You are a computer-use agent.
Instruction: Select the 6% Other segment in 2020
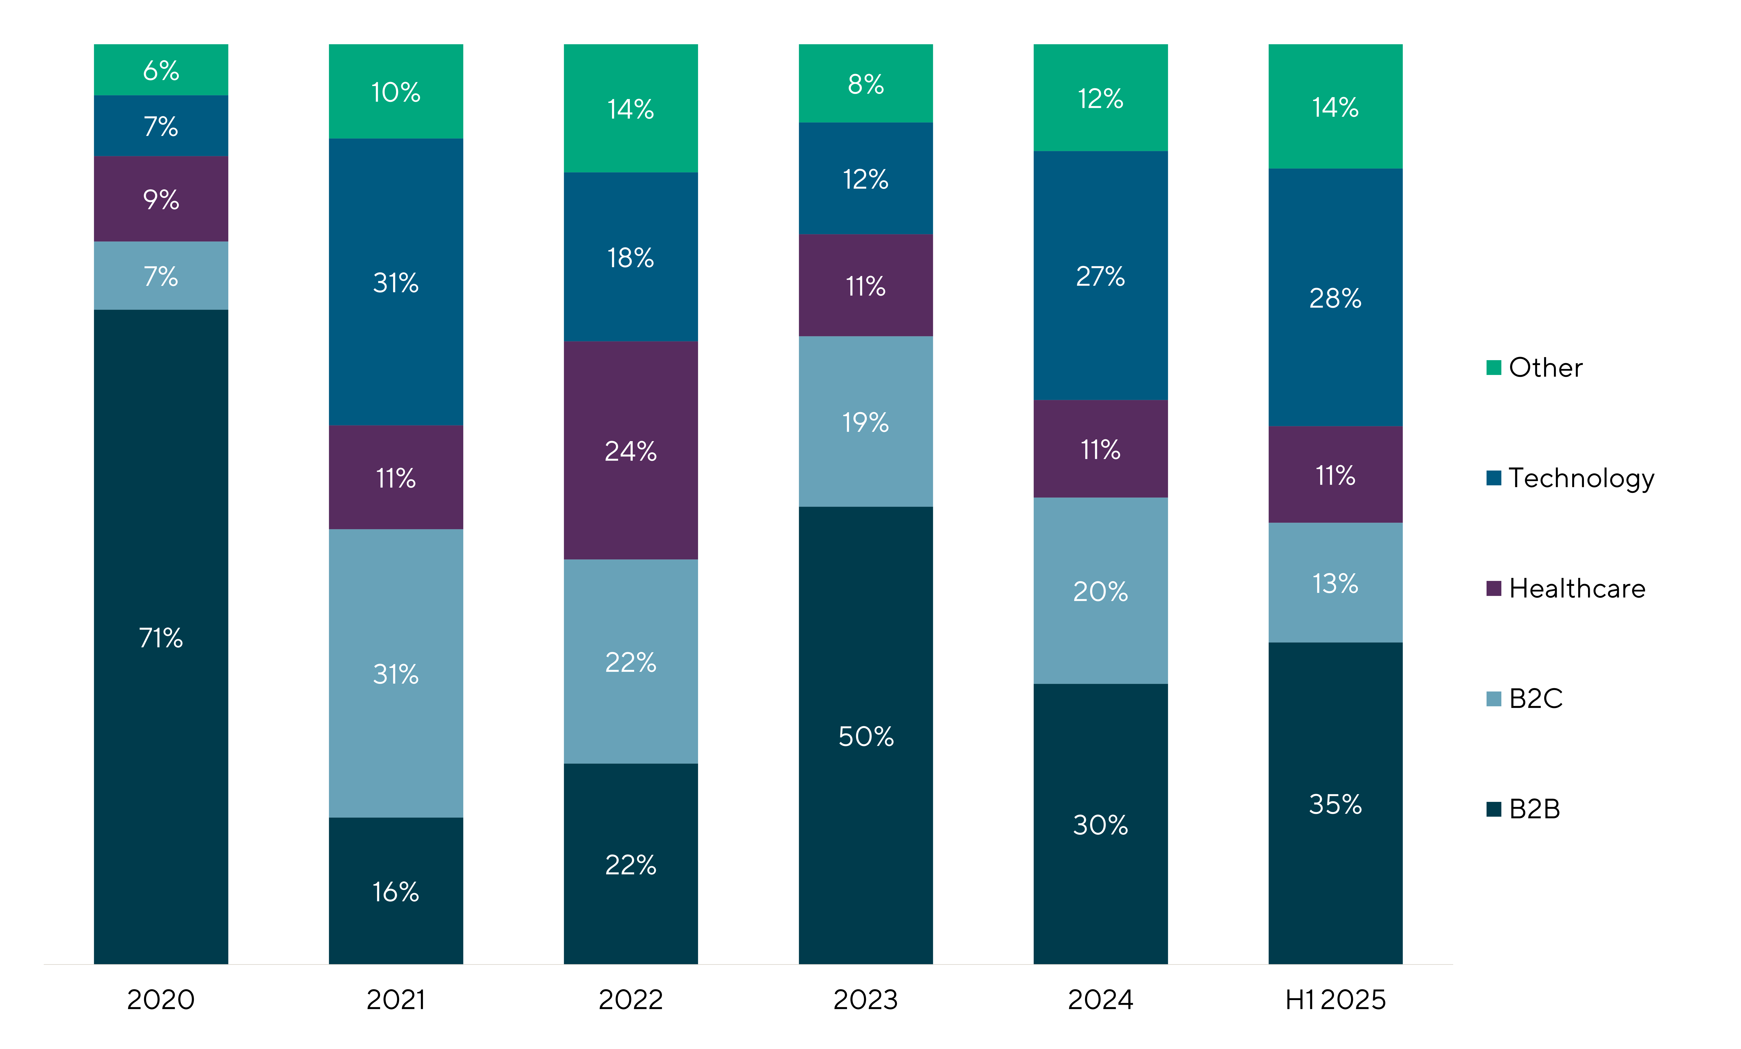tap(161, 70)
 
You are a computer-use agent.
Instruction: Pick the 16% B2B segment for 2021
tap(396, 891)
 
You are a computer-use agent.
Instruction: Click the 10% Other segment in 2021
tap(396, 92)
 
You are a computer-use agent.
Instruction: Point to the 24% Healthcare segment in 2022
tap(630, 451)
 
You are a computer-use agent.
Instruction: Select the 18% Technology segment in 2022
tap(630, 257)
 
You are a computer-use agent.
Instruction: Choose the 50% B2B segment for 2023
tap(866, 735)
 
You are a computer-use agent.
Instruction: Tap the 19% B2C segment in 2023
tap(866, 422)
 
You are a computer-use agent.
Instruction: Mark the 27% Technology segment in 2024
tap(1100, 276)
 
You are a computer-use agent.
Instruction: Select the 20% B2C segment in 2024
tap(1100, 591)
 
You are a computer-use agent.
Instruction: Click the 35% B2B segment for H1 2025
tap(1335, 803)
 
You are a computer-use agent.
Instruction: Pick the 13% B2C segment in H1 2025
tap(1335, 583)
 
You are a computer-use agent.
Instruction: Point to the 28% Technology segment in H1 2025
tap(1335, 297)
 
